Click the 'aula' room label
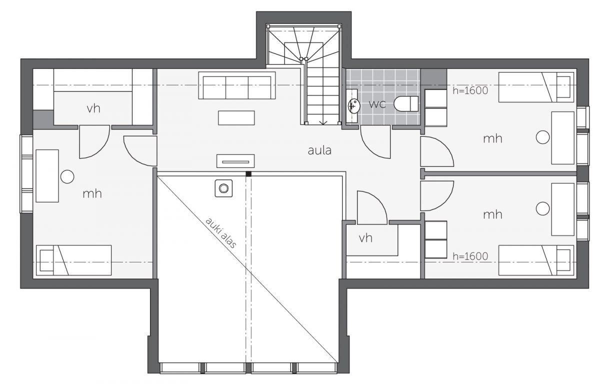pos(319,151)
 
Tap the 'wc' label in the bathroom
pos(377,104)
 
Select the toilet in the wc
pos(406,103)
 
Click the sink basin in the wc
pos(353,106)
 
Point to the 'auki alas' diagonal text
pos(221,232)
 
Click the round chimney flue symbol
pos(223,188)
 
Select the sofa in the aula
pos(237,85)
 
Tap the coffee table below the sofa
pos(236,118)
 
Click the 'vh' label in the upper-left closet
pos(93,108)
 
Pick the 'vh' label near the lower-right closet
pos(365,238)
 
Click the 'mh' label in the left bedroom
pos(92,193)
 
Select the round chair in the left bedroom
pos(67,177)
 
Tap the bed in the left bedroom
pos(73,260)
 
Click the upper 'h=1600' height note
pos(470,91)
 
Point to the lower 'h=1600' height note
pos(470,256)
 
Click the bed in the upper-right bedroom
pos(536,87)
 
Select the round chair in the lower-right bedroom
pos(542,208)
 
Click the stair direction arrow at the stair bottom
pos(323,122)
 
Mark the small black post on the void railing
pos(248,174)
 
